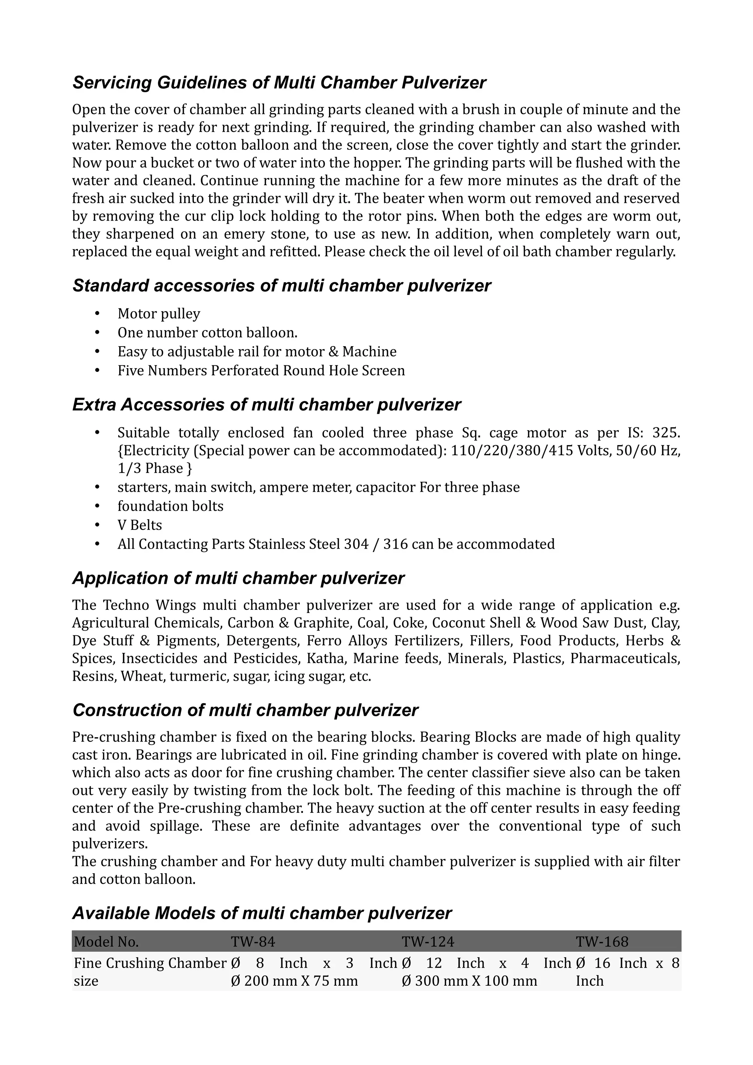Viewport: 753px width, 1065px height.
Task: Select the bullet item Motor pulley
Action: [x=159, y=314]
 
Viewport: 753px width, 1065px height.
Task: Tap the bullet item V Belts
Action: [x=140, y=525]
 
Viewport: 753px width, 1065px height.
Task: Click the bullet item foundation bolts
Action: [x=170, y=506]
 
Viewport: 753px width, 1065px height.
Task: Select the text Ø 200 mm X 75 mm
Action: [x=294, y=981]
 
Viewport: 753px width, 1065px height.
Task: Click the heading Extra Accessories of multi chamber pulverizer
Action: [x=266, y=405]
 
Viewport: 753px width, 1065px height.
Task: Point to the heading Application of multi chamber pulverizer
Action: [x=238, y=578]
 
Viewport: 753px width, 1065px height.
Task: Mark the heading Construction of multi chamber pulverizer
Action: [x=245, y=710]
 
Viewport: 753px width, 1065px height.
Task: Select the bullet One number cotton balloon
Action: [x=207, y=333]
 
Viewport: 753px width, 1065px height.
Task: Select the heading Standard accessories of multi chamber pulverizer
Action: [x=281, y=286]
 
